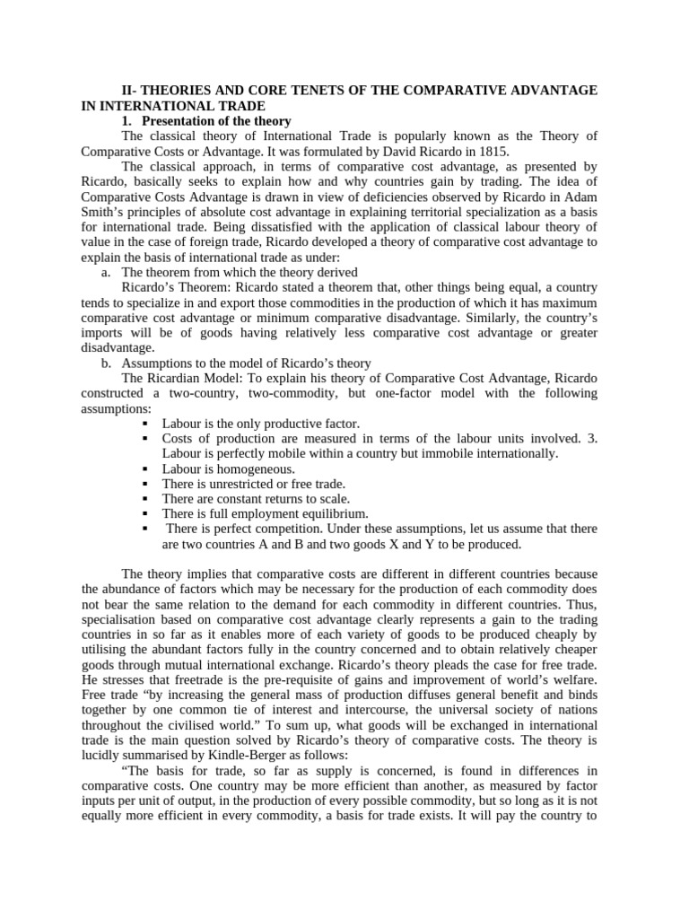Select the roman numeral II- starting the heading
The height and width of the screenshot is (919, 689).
[x=131, y=91]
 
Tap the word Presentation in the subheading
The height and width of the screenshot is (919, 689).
[x=185, y=120]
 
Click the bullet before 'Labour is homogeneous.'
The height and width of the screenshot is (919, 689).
[x=146, y=468]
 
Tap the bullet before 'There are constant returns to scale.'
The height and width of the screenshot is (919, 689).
[x=146, y=499]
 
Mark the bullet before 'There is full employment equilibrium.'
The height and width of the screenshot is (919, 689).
[x=146, y=513]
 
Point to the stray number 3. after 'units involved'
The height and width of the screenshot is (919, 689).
[x=591, y=438]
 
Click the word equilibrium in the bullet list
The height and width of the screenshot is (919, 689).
[x=336, y=513]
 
